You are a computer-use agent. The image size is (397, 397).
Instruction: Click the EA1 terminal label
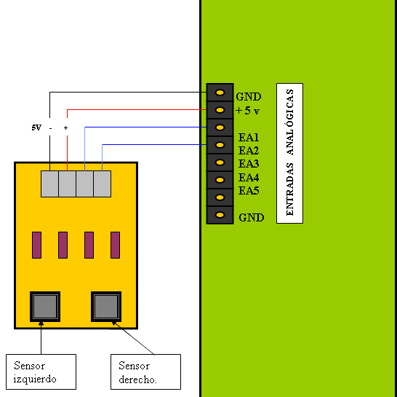[x=249, y=138]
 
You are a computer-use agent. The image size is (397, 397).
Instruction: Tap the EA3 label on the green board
[x=249, y=164]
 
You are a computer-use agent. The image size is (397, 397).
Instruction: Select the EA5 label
[x=249, y=191]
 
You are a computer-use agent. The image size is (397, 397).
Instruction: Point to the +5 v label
[x=247, y=111]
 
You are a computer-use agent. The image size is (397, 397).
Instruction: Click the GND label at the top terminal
[x=249, y=97]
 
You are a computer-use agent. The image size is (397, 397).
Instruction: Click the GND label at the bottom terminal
[x=252, y=217]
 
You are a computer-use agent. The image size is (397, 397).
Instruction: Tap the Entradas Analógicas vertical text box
[x=289, y=153]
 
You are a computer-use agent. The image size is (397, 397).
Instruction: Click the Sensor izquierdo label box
[x=41, y=372]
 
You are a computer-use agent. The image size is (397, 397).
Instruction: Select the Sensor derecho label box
[x=146, y=372]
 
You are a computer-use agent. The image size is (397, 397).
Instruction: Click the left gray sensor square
[x=45, y=307]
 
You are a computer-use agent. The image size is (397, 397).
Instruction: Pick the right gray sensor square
[x=106, y=307]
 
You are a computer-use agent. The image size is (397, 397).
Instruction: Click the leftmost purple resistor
[x=36, y=245]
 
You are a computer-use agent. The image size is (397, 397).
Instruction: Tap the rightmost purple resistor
[x=115, y=245]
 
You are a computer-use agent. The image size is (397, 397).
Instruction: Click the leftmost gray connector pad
[x=49, y=184]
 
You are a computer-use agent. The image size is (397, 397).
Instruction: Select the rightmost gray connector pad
[x=103, y=184]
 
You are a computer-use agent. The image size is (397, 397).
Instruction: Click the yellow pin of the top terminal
[x=220, y=93]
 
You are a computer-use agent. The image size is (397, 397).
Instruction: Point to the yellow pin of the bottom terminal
[x=220, y=215]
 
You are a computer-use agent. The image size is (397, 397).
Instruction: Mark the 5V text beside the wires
[x=36, y=127]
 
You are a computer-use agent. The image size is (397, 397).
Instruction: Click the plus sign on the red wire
[x=66, y=128]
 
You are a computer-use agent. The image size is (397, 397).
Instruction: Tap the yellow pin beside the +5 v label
[x=220, y=110]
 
